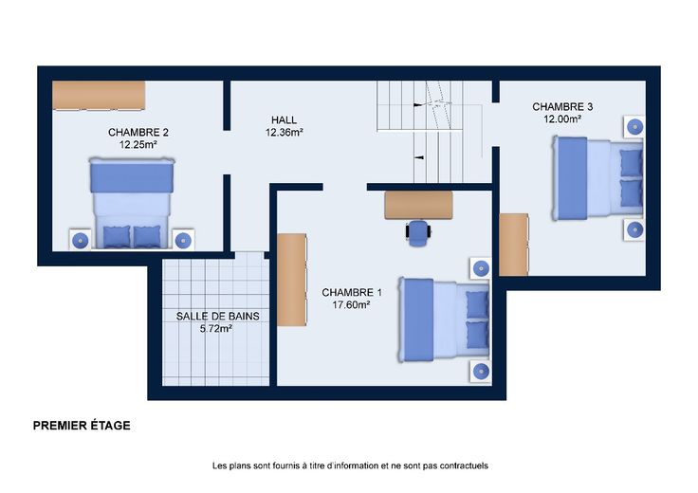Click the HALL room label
pos(284,120)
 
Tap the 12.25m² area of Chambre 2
pos(138,145)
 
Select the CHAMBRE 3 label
pos(562,107)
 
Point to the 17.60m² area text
pos(352,304)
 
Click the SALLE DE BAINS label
pos(218,317)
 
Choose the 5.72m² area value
pos(216,329)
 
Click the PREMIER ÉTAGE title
pos(82,426)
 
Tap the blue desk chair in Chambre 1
pos(418,232)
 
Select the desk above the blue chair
pos(418,205)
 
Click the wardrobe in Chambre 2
pos(99,95)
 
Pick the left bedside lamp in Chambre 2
pos(81,241)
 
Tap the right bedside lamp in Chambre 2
pos(183,241)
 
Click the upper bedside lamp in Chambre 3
pos(634,127)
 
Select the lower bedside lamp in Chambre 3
pos(634,230)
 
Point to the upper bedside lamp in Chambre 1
pos(481,268)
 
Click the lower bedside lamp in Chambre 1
pos(481,371)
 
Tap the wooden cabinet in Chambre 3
pos(514,245)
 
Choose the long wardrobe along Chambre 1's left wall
pos(292,280)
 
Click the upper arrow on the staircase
pos(418,105)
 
